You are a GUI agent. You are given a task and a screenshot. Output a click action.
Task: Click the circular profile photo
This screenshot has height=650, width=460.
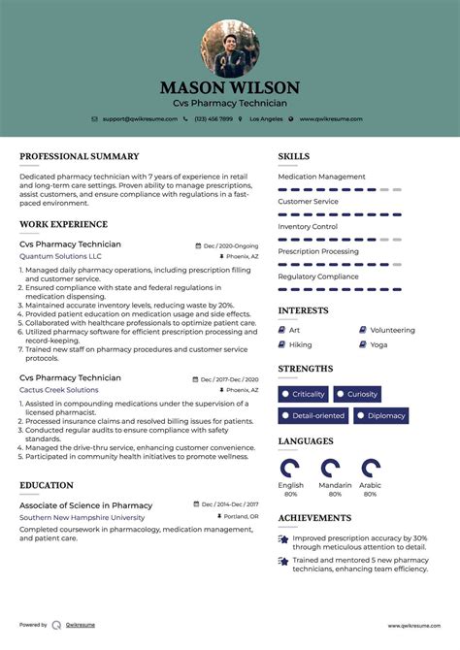coord(230,49)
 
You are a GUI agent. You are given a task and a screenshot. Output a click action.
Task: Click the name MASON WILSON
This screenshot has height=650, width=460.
coord(230,88)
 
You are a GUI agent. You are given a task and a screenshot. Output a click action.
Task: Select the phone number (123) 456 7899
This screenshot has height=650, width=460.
coord(213,118)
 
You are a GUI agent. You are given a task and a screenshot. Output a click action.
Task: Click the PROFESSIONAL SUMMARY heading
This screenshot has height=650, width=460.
coord(79,156)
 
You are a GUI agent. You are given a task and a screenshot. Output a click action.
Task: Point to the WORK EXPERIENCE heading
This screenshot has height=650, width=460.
coord(65,224)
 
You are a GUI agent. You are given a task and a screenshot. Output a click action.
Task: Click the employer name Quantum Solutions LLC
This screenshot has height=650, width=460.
coord(59,256)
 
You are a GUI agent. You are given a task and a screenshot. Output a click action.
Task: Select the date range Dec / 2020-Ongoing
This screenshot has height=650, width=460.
coord(231,245)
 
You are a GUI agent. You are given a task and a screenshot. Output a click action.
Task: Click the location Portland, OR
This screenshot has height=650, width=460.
coord(241,517)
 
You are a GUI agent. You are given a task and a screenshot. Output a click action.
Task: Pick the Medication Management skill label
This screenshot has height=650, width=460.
coord(321,177)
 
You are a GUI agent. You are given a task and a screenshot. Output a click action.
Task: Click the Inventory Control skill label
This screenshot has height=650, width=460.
coord(308,226)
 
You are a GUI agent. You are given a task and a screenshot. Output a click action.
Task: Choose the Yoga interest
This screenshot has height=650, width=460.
coord(378,344)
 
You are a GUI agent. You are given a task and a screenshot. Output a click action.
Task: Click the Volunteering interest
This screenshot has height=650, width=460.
coord(392,330)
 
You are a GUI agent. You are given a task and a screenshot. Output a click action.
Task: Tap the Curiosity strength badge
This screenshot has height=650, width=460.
coord(362,394)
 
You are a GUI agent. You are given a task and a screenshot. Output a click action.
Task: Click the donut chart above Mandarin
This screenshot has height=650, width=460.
coord(331,468)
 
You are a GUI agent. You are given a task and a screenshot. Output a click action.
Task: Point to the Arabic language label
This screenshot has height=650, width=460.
coord(370,484)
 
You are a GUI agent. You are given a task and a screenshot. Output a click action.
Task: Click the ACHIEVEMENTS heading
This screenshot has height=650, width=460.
coord(314,518)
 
